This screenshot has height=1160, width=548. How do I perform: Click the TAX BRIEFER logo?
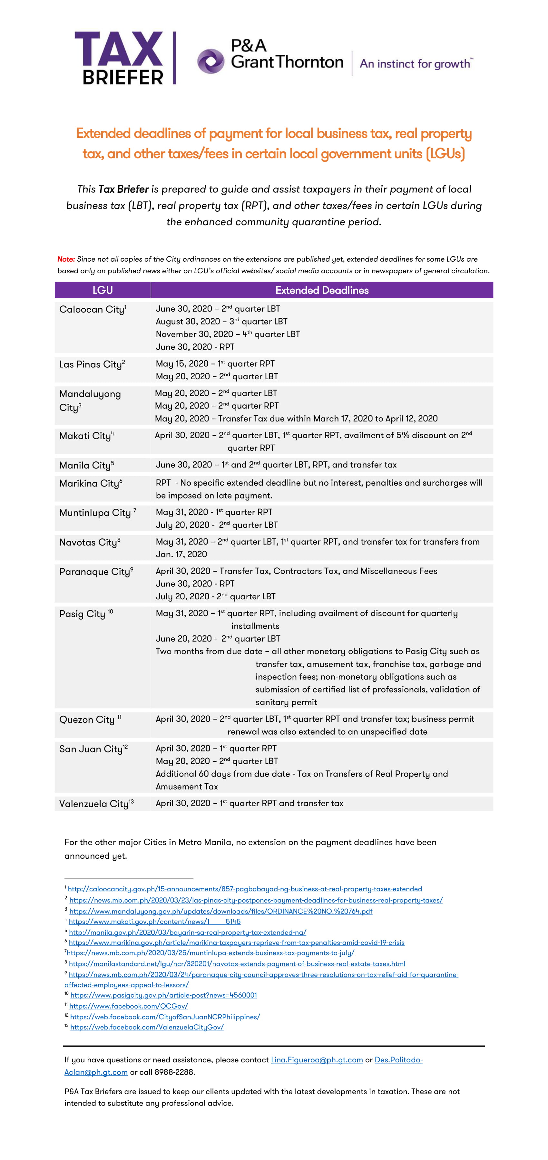[x=119, y=58]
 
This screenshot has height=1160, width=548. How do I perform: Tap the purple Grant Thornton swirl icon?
[x=210, y=61]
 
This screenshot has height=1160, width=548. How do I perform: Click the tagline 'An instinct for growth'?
[x=416, y=63]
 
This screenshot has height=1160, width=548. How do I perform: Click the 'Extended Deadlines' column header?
[x=322, y=290]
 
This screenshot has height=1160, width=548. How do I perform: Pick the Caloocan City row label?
[x=93, y=309]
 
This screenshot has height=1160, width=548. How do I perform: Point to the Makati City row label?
[x=86, y=436]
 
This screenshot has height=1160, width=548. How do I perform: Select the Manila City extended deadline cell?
[x=276, y=465]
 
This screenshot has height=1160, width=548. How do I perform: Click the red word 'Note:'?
[x=66, y=259]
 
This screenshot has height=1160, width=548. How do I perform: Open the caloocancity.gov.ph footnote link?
[x=245, y=889]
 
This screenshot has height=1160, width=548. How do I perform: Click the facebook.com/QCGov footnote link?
[x=128, y=1006]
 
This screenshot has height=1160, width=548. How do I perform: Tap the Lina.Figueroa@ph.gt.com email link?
[x=317, y=1059]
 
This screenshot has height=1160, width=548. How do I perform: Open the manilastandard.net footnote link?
[x=237, y=964]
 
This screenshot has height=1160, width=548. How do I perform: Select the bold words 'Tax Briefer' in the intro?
[x=123, y=189]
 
